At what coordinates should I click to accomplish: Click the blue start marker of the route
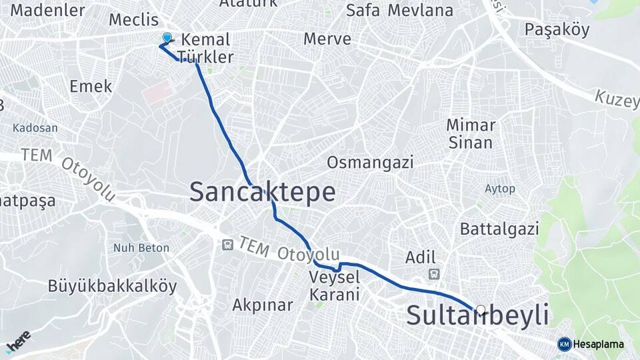click(x=167, y=39)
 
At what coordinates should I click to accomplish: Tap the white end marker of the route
click(x=481, y=309)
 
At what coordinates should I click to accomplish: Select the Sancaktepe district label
click(x=262, y=192)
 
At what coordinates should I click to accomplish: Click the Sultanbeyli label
click(x=477, y=315)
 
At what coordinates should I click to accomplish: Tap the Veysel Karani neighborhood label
click(x=335, y=285)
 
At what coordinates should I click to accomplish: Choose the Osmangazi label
click(x=370, y=162)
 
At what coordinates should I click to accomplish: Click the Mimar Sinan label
click(x=471, y=133)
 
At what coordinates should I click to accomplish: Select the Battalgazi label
click(x=499, y=229)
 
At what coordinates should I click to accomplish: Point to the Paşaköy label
click(x=557, y=30)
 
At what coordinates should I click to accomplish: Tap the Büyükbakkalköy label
click(x=112, y=287)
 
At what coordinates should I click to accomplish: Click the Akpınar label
click(x=263, y=305)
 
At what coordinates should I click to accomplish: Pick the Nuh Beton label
click(x=141, y=248)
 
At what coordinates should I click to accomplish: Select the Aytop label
click(x=500, y=189)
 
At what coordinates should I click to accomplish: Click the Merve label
click(x=327, y=39)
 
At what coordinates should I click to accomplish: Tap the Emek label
click(x=91, y=87)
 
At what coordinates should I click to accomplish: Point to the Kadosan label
click(x=35, y=128)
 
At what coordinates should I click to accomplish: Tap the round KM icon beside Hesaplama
click(x=564, y=344)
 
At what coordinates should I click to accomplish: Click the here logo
click(x=18, y=341)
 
